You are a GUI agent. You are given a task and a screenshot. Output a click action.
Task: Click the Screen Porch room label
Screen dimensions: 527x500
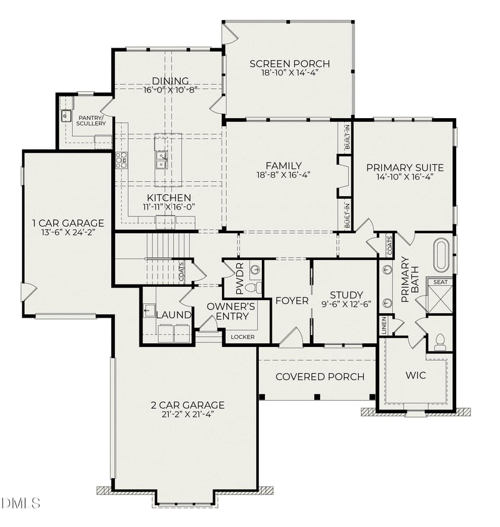pos(289,63)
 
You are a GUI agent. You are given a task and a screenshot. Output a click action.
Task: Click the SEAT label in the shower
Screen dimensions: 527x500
pos(441,283)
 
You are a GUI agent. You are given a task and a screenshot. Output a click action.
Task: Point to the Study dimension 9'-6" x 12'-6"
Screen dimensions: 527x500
pos(346,306)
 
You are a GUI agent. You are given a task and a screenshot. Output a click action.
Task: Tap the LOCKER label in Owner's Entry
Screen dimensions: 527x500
pos(242,337)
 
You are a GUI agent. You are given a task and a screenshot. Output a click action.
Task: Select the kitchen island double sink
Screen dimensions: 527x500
pos(161,160)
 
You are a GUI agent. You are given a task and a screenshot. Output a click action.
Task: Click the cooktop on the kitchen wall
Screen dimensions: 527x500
pos(121,161)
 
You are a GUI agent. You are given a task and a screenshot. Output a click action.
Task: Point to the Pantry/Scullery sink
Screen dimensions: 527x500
pos(65,116)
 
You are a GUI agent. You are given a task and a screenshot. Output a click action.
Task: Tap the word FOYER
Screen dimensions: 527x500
pos(292,301)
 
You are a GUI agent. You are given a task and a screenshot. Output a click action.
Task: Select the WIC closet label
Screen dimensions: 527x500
pos(416,376)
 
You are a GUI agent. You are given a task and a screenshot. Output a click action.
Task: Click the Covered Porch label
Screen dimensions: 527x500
pos(319,376)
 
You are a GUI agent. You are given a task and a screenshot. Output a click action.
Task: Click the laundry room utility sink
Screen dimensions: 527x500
pos(149,310)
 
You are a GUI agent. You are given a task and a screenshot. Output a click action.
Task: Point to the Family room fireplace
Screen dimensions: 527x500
pos(342,176)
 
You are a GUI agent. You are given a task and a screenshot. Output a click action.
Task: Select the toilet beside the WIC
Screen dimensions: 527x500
pos(439,341)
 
